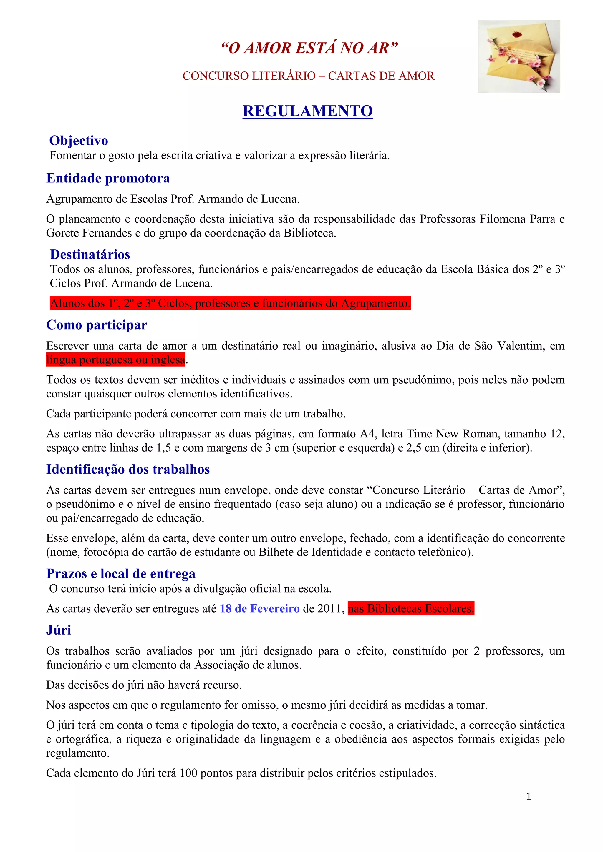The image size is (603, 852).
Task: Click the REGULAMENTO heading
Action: pyautogui.click(x=307, y=111)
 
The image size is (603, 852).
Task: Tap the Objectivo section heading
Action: pyautogui.click(x=79, y=141)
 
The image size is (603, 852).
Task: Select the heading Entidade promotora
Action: pyautogui.click(x=108, y=178)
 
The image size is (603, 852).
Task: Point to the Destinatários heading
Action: pyautogui.click(x=90, y=254)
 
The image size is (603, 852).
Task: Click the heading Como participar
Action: pyautogui.click(x=97, y=325)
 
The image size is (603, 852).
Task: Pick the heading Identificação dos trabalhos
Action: pyautogui.click(x=128, y=470)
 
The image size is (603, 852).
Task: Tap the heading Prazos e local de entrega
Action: pyautogui.click(x=121, y=574)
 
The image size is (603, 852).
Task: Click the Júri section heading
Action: pyautogui.click(x=59, y=630)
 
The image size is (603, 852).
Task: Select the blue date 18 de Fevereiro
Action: pyautogui.click(x=259, y=609)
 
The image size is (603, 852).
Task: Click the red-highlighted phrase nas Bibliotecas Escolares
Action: pyautogui.click(x=411, y=609)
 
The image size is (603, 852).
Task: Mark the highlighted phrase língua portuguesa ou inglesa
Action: pyautogui.click(x=115, y=360)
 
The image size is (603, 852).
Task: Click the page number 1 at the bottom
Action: pyautogui.click(x=529, y=796)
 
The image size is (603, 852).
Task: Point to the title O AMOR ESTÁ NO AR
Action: pyautogui.click(x=309, y=48)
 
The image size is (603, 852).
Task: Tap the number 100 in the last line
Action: pyautogui.click(x=188, y=773)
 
